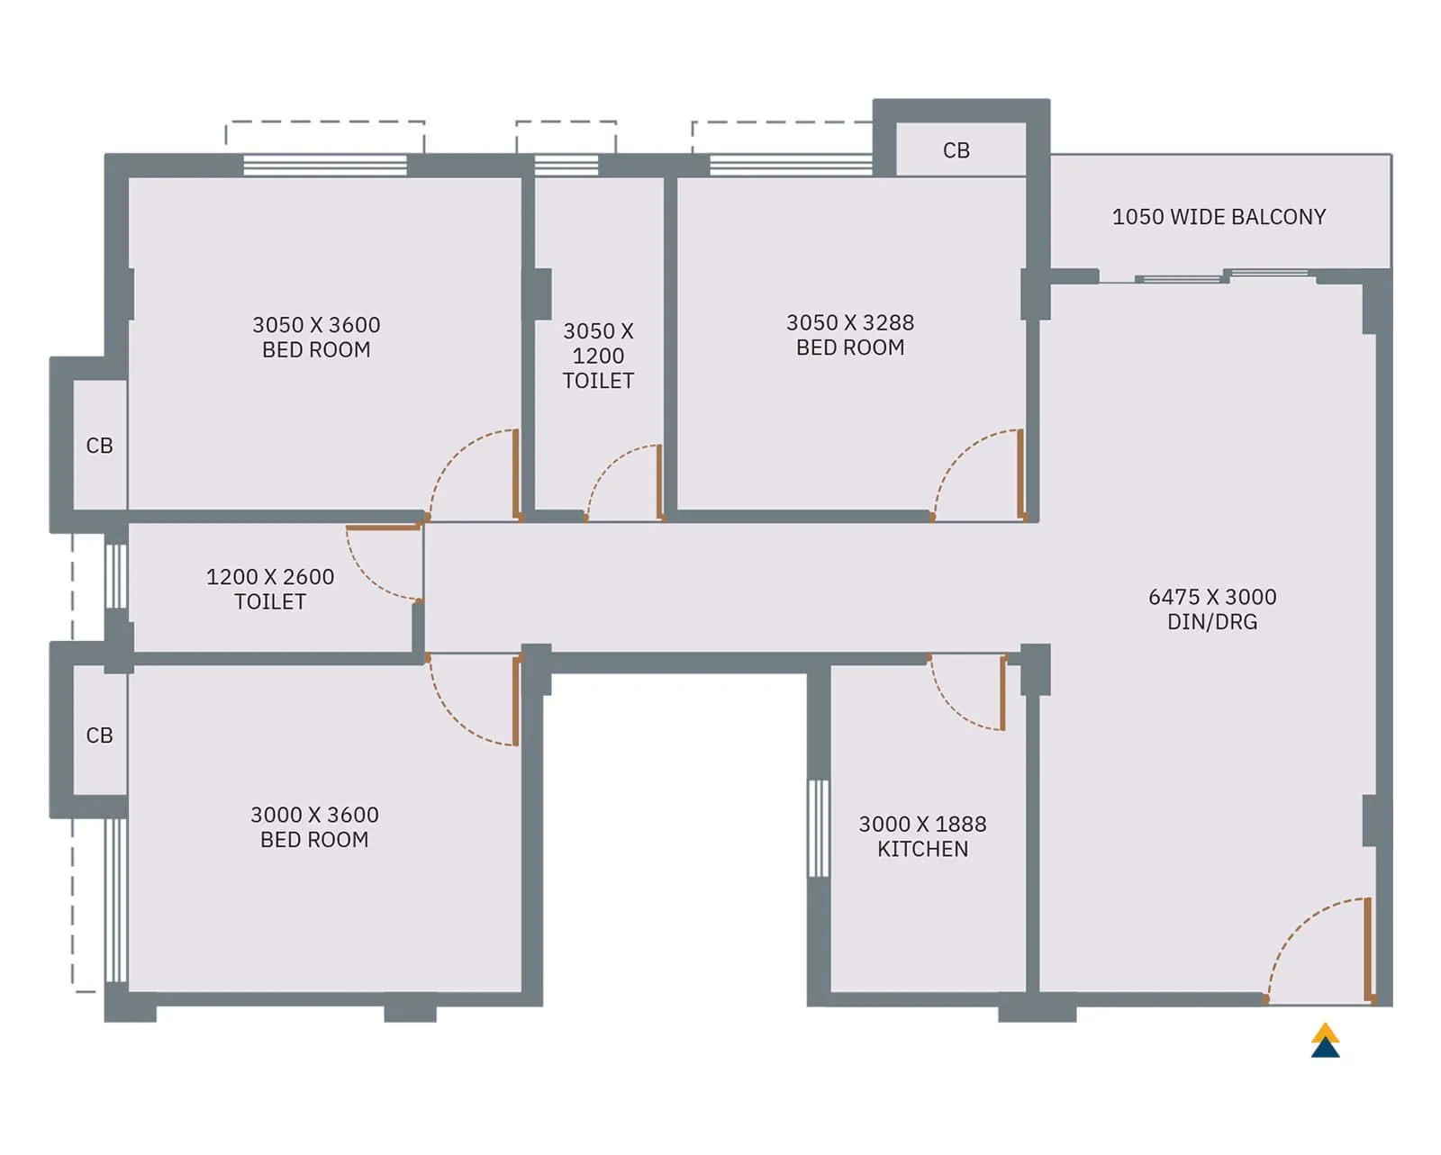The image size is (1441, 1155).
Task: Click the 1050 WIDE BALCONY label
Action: (x=1219, y=217)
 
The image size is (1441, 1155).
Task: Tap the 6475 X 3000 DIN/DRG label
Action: (x=1212, y=609)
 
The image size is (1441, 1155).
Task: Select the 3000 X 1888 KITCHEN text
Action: (x=922, y=836)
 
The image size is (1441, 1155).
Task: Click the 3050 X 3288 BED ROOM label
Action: (x=850, y=335)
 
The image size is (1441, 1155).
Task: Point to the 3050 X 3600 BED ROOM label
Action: (x=316, y=337)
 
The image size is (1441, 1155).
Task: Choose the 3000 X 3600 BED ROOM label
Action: (x=314, y=826)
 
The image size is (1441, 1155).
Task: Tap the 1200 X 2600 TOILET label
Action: (x=270, y=589)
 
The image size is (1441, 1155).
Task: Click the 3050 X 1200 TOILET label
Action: (x=598, y=356)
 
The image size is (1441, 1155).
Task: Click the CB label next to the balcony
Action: (x=956, y=150)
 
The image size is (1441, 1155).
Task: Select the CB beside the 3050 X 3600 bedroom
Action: (x=99, y=446)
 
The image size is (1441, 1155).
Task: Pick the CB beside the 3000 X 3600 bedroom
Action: (x=99, y=735)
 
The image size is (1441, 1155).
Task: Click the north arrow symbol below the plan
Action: (x=1325, y=1040)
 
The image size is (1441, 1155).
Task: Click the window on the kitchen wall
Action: (x=818, y=828)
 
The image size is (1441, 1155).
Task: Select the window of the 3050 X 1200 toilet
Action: (x=566, y=166)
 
